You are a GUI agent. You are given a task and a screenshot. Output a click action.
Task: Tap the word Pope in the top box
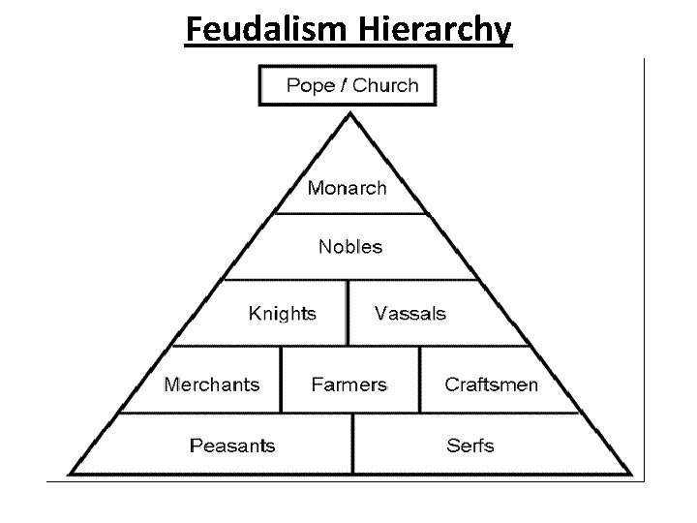[310, 85]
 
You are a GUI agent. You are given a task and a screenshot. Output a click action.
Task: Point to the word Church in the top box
[385, 85]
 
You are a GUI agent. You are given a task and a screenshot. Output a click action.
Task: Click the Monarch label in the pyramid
[347, 188]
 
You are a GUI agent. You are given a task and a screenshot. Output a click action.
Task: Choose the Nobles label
[350, 247]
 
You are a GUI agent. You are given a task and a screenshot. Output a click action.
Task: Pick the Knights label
[282, 313]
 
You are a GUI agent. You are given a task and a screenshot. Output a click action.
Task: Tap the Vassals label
[410, 313]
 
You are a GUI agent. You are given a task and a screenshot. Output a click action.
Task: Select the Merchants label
[212, 385]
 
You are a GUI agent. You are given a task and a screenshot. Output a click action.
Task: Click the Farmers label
[348, 385]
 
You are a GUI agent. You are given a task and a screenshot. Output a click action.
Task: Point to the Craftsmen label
[491, 385]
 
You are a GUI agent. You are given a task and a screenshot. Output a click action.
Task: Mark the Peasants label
[232, 446]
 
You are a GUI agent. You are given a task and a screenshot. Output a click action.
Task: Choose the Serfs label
[470, 446]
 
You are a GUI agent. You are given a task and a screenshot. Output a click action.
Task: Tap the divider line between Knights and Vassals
[348, 313]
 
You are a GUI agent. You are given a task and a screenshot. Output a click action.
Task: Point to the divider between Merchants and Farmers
[282, 380]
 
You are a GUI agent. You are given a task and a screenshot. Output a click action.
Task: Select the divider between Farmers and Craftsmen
[420, 380]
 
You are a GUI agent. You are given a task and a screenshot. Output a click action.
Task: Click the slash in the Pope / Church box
[345, 85]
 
